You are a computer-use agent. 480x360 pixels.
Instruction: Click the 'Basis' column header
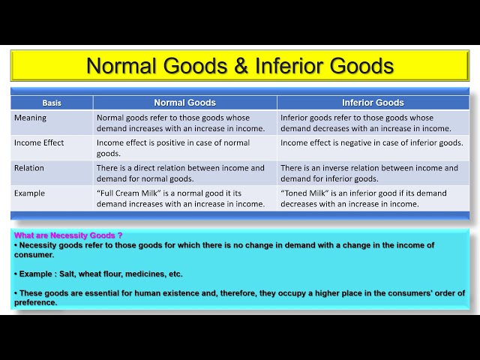pos(52,103)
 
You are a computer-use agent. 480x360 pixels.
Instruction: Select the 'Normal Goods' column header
pos(184,103)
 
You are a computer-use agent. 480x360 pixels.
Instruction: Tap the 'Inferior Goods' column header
pos(373,103)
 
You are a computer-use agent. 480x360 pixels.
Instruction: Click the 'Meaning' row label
pos(30,118)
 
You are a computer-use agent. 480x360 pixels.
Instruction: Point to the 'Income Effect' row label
pos(39,142)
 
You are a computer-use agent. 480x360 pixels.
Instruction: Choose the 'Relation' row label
pos(29,168)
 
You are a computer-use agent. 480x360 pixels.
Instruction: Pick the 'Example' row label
pos(29,193)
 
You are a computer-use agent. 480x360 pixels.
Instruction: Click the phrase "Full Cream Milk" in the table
pos(127,193)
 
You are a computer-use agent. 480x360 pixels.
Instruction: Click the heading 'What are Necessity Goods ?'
pos(68,235)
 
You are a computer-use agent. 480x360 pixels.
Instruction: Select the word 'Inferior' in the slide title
pos(287,66)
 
